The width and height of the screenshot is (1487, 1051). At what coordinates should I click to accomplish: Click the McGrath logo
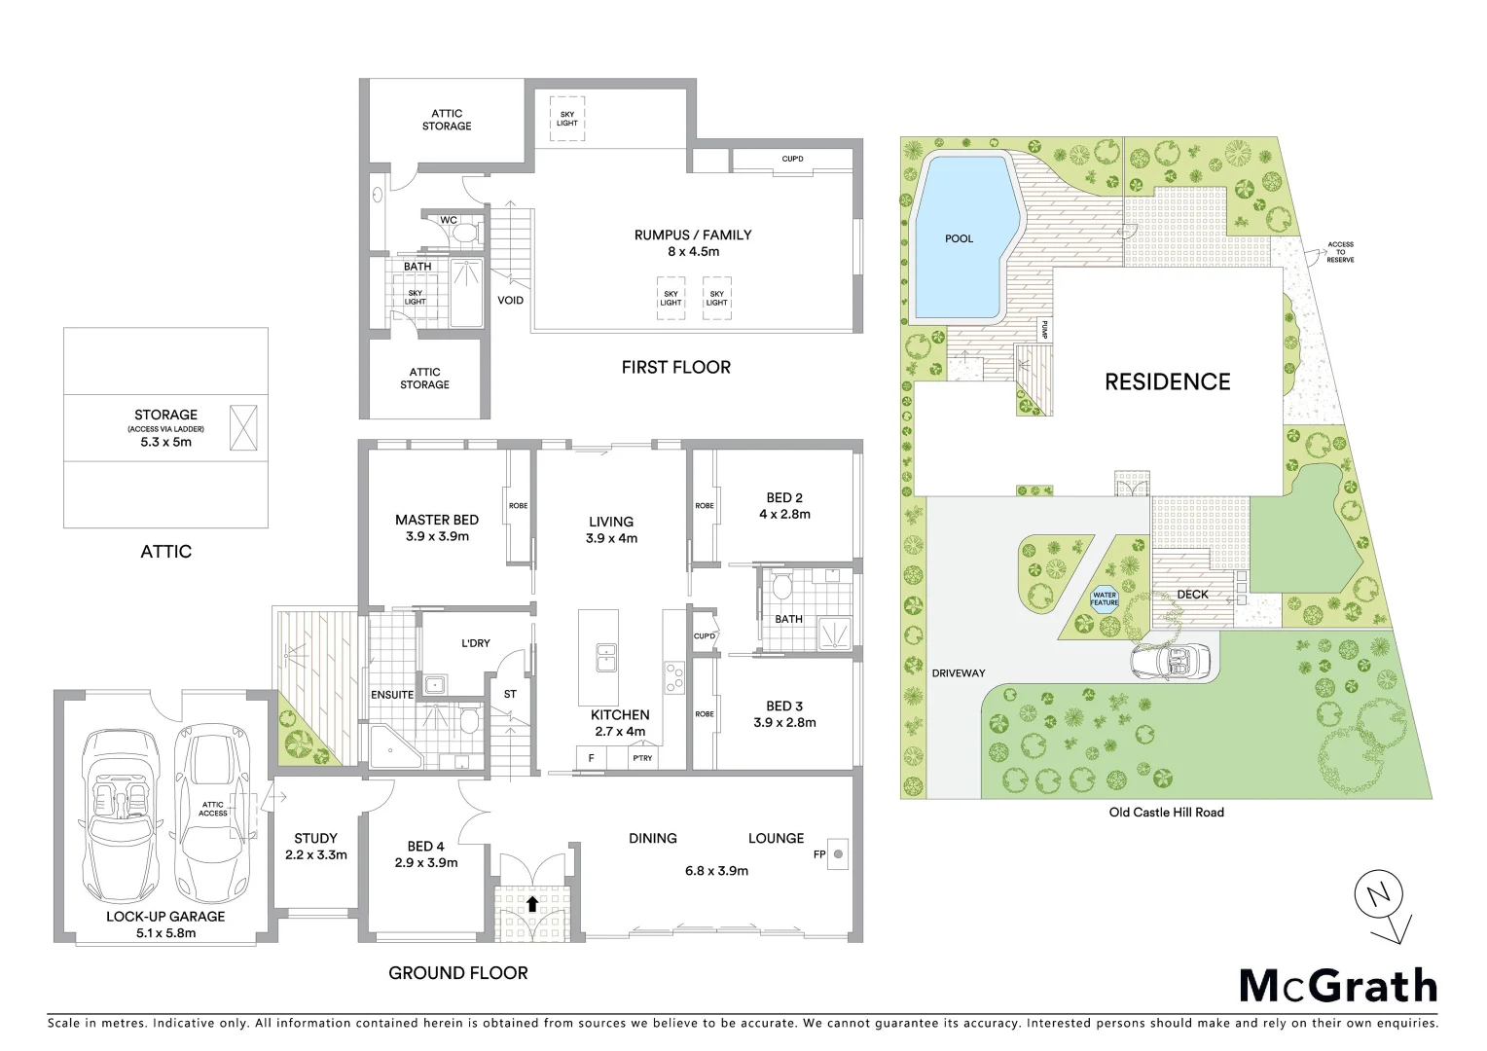pos(1338,986)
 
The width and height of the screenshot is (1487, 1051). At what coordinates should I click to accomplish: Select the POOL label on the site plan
pos(959,238)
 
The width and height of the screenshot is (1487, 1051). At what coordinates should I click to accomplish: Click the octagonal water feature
pos(1104,598)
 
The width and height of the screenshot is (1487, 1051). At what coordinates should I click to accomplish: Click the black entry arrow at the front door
pos(531,903)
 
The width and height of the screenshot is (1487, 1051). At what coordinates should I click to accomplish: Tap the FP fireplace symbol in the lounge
pos(839,854)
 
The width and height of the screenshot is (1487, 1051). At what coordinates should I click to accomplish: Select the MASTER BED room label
pos(436,520)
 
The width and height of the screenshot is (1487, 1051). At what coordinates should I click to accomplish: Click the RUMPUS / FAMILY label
pos(692,235)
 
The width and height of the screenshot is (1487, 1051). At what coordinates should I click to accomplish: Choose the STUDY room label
pos(315,838)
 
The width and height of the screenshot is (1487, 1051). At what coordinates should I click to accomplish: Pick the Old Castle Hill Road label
pos(1166,812)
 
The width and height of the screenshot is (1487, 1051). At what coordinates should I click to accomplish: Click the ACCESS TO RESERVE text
pos(1340,252)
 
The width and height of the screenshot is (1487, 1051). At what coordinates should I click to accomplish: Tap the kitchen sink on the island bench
pos(605,657)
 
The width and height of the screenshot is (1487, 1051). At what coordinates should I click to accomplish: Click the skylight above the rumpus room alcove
pos(567,119)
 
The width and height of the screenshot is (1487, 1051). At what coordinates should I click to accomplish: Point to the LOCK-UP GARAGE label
pos(165,916)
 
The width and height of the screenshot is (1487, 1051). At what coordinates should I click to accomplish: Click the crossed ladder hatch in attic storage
pos(243,427)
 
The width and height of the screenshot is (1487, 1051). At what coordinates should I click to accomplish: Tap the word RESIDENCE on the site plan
pos(1167,381)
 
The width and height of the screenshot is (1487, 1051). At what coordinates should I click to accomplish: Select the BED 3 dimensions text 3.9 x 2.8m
pos(784,722)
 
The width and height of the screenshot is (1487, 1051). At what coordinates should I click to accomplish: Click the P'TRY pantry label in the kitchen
pos(641,758)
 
